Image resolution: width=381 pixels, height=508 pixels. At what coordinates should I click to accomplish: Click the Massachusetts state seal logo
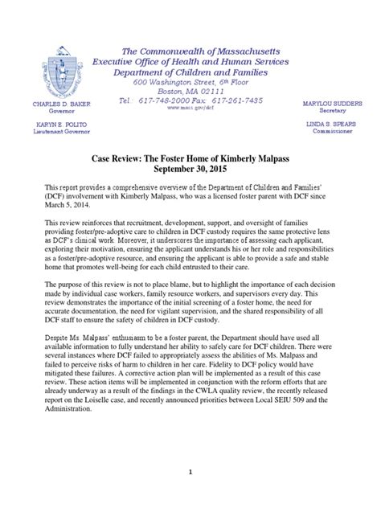pos(57,73)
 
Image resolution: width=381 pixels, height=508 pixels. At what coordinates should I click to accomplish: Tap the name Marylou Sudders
pos(328,104)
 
